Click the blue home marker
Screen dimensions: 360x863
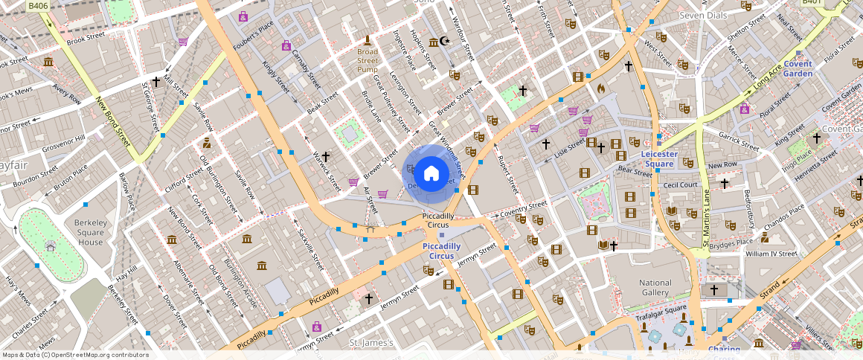coord(431,174)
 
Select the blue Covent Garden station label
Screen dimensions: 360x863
coord(798,69)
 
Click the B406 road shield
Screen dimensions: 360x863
coord(38,5)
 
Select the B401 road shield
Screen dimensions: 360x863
coord(812,3)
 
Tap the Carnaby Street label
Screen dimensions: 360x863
coord(306,66)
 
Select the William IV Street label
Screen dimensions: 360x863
coord(771,254)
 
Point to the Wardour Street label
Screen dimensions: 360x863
coord(463,33)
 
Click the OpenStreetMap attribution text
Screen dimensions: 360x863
coord(76,355)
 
